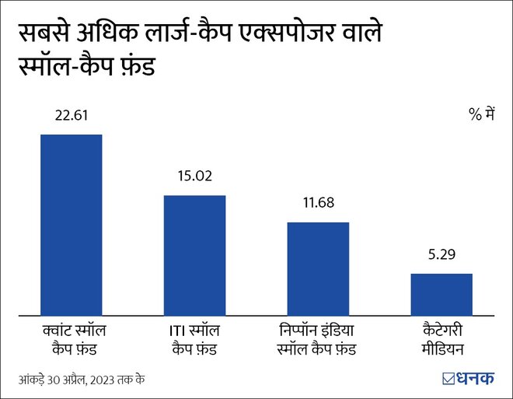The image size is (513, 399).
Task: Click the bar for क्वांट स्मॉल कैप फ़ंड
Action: (x=71, y=224)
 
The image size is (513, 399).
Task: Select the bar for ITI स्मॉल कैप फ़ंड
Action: (x=194, y=254)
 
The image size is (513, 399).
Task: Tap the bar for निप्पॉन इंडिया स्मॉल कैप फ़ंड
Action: (x=318, y=268)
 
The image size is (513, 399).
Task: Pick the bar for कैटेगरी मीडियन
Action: (x=441, y=294)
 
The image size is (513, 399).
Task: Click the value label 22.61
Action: (x=71, y=116)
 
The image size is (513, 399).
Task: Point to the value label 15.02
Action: (x=194, y=177)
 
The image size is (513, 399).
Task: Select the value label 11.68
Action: (x=318, y=204)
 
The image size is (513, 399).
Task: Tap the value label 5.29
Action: (x=441, y=254)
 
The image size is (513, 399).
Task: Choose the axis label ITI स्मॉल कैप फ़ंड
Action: (x=194, y=339)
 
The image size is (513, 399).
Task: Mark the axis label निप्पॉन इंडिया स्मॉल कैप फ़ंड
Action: (x=318, y=339)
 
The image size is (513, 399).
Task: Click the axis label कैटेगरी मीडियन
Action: (x=441, y=339)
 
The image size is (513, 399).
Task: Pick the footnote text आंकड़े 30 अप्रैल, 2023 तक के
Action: (x=82, y=380)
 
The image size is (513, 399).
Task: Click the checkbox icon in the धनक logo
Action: (x=448, y=379)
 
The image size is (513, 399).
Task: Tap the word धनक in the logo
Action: (x=476, y=379)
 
